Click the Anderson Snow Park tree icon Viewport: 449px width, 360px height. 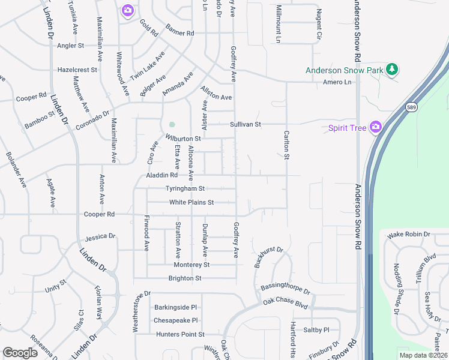coord(392,70)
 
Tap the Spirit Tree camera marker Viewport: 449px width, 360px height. coord(376,127)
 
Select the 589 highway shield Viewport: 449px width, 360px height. coord(411,107)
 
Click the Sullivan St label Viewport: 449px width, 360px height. coord(246,125)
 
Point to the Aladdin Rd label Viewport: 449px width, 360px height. coord(162,176)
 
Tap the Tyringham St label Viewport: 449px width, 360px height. coord(185,189)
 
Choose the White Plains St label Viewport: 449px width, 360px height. coord(191,203)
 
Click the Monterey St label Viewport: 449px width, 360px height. coord(191,265)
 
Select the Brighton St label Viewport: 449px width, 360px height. coord(185,278)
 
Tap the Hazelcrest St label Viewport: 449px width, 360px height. coord(77,70)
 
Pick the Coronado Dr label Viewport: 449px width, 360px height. coord(92,120)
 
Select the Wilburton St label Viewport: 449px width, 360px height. coord(182,139)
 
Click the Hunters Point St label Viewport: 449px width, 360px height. coord(179,334)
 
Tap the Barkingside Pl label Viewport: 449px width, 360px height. coord(175,307)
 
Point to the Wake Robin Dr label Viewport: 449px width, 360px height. coord(409,235)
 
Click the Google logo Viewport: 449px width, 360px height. coord(20,353)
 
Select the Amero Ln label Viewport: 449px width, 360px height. coord(336,82)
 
